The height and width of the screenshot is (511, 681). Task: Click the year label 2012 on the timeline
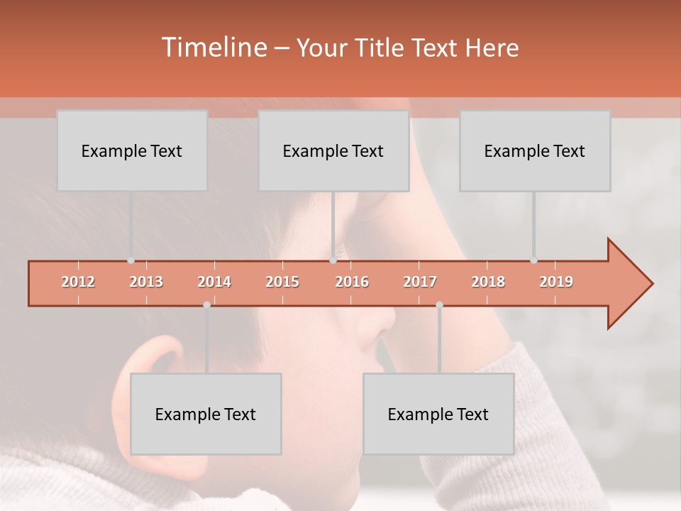78,282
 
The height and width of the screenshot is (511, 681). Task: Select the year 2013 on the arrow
146,282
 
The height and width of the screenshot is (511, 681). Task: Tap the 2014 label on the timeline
214,282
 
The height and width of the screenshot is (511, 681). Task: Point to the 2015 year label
282,282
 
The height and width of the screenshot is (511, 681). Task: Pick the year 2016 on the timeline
352,282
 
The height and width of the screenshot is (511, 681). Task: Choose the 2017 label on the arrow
420,282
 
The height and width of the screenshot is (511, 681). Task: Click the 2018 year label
488,282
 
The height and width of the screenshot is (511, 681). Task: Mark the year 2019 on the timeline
556,282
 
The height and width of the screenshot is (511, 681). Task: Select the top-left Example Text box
132,150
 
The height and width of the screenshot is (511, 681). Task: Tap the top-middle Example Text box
333,150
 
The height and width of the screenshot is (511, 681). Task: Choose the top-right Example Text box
535,150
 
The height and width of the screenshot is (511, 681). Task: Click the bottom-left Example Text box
206,414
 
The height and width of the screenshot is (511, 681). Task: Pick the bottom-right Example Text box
438,414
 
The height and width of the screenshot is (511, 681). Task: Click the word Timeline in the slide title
214,48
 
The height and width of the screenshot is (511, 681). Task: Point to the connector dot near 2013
131,260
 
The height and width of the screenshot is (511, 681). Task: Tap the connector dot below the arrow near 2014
206,304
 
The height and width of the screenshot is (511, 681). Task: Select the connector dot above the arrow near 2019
533,260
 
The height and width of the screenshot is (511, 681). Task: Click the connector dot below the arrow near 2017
439,304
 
